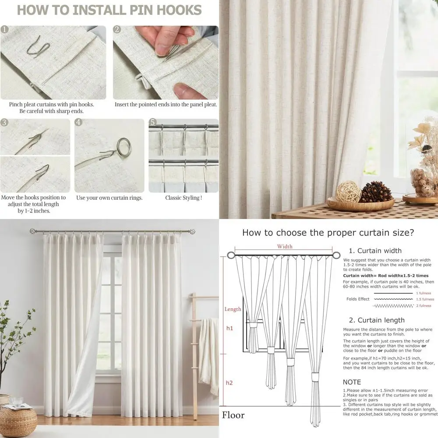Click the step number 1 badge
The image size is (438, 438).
[5, 30]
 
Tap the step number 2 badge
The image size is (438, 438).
[117, 30]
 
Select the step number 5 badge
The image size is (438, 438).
[152, 122]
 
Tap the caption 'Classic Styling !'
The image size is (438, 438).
[183, 198]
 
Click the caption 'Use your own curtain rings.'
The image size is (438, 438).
[109, 198]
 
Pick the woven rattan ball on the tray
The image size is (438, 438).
[349, 192]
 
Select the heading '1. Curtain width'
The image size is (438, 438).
[375, 251]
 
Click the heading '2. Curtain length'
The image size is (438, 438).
[377, 320]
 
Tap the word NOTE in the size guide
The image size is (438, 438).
[352, 382]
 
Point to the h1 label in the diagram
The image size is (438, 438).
[230, 328]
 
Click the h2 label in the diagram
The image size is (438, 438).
[229, 383]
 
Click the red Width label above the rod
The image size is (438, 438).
[284, 247]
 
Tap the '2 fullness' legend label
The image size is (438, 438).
[423, 306]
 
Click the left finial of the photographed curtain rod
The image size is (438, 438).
[32, 231]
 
